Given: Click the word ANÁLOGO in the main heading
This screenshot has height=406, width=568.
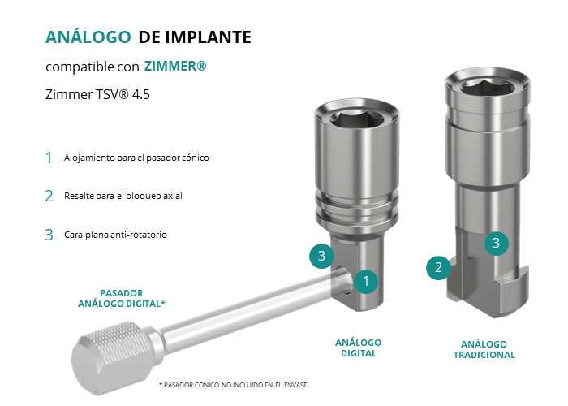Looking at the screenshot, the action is [x=88, y=37].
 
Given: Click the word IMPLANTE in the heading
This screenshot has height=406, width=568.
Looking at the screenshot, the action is [x=208, y=37].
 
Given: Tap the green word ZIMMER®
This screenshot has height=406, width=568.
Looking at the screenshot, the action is [x=175, y=66].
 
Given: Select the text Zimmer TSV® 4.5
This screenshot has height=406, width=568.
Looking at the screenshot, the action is [x=97, y=94].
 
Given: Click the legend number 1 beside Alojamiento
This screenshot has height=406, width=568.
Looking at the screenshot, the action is [x=49, y=158].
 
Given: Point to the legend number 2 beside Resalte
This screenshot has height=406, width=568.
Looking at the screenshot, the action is [x=49, y=197].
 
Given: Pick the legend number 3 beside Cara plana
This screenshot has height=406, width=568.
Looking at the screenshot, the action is [x=49, y=235].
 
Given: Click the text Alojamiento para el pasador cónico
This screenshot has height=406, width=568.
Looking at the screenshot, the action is [x=136, y=158].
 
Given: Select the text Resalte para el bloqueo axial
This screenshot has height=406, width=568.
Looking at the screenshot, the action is [x=123, y=196].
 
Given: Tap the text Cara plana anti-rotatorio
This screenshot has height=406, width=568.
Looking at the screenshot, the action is [x=115, y=235].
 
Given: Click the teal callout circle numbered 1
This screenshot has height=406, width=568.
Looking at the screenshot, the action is [x=366, y=281].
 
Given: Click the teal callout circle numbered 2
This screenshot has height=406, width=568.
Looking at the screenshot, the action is [x=438, y=267].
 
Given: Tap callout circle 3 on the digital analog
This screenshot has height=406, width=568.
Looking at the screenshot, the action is [x=321, y=256].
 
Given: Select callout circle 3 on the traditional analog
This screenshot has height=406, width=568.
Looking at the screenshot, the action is [x=497, y=243].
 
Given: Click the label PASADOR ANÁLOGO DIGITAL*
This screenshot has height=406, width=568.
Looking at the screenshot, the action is [x=122, y=298].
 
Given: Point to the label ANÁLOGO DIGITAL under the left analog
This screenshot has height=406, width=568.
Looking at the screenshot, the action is [x=359, y=348].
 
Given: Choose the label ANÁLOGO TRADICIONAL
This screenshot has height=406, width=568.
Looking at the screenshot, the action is [x=484, y=349].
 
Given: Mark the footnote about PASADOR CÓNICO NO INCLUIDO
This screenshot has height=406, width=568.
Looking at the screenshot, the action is [x=233, y=385].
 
